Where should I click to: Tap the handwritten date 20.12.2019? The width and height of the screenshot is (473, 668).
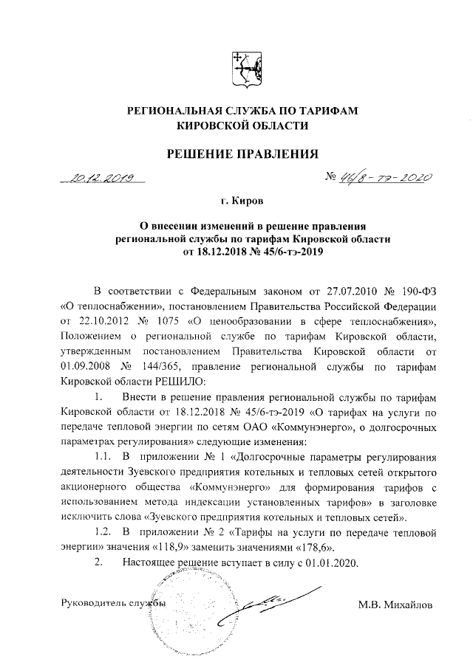[x=103, y=177]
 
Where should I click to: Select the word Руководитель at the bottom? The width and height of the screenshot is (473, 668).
[x=92, y=605]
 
